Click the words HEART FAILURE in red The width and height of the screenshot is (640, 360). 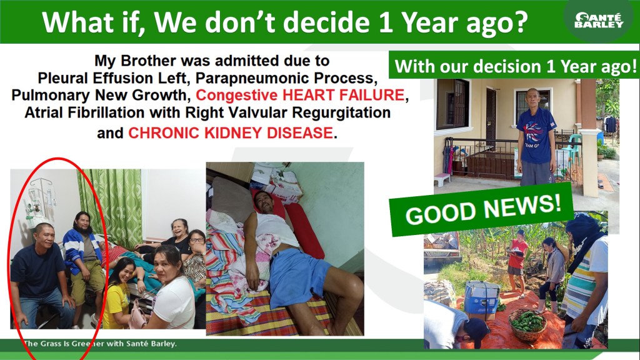pos(343,95)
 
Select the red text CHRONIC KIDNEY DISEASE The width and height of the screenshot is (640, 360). pos(231,133)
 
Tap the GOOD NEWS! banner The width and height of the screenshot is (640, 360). pos(482,208)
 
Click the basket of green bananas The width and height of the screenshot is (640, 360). pos(527,324)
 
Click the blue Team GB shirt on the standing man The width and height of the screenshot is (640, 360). pos(536,136)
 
